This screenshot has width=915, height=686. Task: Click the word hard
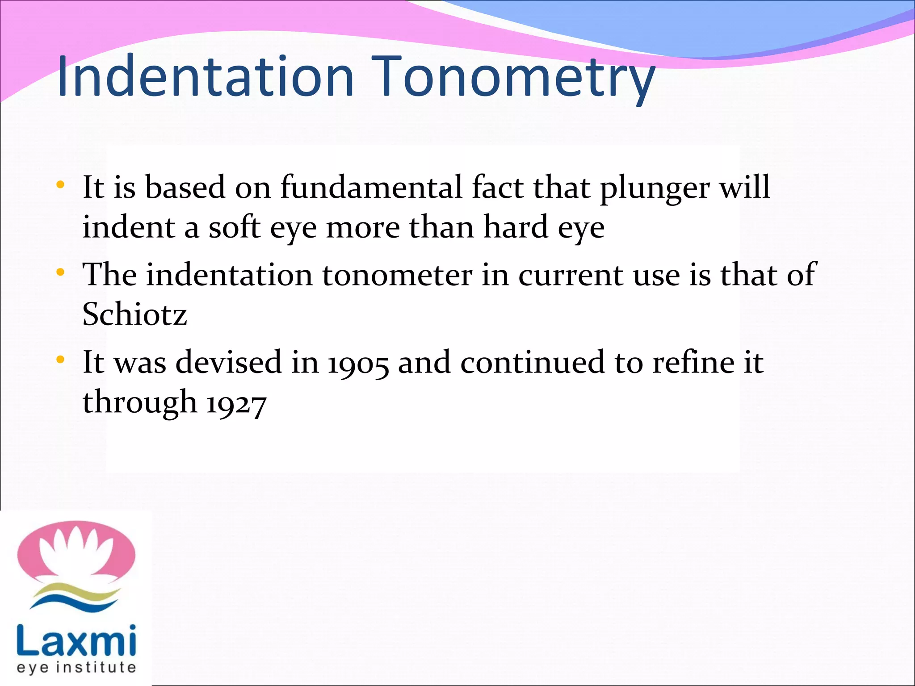516,227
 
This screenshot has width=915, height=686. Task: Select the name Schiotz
134,314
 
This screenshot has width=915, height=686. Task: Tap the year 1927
237,403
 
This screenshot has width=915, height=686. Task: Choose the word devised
228,362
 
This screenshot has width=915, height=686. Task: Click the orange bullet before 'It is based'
61,184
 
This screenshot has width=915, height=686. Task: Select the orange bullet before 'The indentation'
61,272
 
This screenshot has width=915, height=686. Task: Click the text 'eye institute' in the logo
76,668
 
